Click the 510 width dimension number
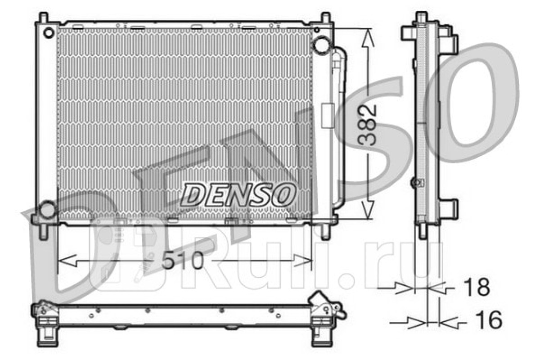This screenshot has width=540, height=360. [x=183, y=261]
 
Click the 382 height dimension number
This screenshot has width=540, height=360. [x=367, y=126]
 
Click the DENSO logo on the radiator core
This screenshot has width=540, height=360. [x=238, y=195]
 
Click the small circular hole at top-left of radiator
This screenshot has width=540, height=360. [x=49, y=33]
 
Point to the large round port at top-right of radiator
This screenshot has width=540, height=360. [x=321, y=45]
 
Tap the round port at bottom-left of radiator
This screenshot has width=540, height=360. [x=48, y=210]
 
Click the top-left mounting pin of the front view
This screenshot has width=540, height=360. [x=44, y=18]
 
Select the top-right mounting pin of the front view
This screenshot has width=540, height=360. [x=326, y=18]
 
